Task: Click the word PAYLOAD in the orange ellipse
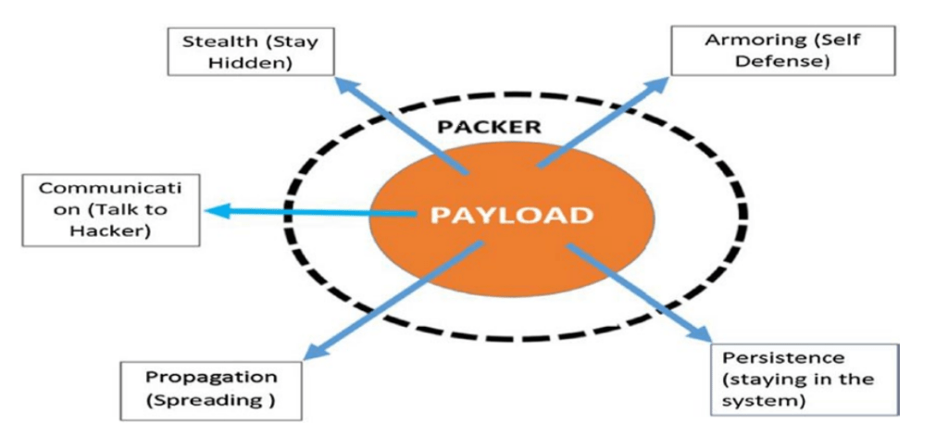click(511, 216)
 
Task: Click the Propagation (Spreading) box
click(211, 390)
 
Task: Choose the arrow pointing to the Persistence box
click(640, 295)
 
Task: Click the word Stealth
click(212, 42)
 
